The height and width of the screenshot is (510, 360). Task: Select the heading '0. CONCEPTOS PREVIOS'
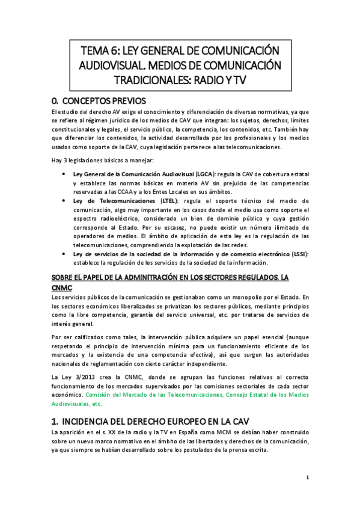(100, 100)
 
